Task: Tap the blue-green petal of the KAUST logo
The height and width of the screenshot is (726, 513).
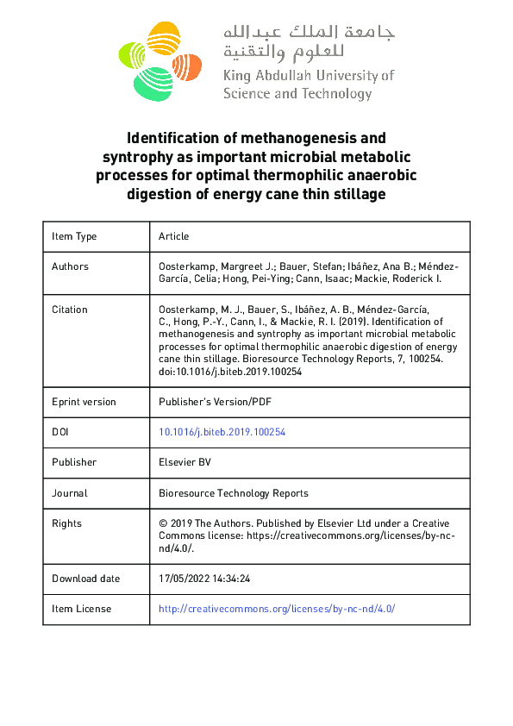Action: pos(153,82)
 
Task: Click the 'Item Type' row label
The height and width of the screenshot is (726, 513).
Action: pos(74,236)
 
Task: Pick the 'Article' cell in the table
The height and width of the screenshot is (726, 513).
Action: pos(173,236)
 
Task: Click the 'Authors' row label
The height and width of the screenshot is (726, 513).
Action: pos(70,266)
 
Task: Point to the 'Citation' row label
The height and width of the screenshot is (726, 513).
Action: pos(70,310)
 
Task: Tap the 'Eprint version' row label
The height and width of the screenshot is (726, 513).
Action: pos(84,402)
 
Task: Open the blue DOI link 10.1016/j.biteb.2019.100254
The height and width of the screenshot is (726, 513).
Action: pos(222,432)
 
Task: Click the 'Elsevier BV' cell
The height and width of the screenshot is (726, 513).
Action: pos(185,462)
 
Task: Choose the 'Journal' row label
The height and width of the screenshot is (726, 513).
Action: pos(69,493)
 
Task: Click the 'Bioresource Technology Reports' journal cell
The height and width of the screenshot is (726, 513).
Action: pos(233,493)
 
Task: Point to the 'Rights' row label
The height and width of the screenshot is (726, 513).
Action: pos(66,523)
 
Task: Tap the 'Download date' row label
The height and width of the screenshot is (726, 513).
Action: pos(85,579)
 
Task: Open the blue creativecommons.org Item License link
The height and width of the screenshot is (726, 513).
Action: pos(276,609)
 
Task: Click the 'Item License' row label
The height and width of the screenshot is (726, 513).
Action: pos(81,609)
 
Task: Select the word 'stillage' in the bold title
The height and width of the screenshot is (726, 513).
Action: pos(356,195)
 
